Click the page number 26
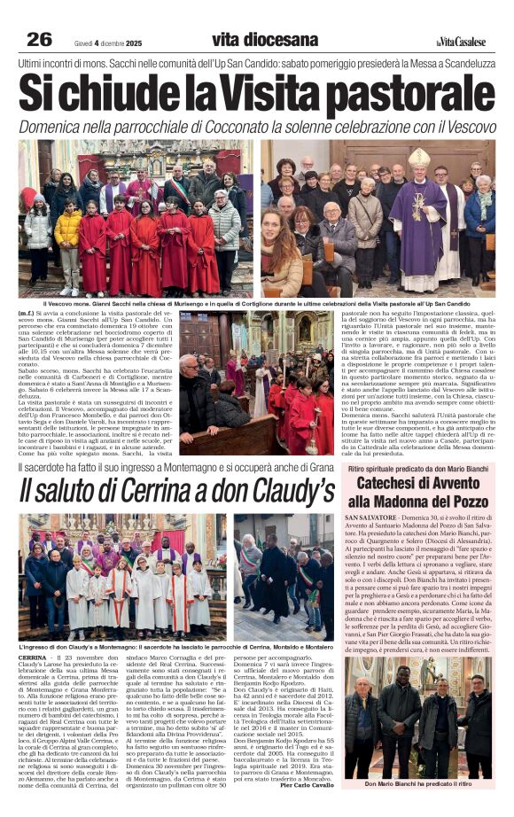pyautogui.click(x=40, y=39)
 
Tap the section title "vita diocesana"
pyautogui.click(x=265, y=40)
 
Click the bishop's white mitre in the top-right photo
pyautogui.click(x=418, y=159)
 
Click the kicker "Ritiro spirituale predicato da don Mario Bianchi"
pyautogui.click(x=417, y=468)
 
